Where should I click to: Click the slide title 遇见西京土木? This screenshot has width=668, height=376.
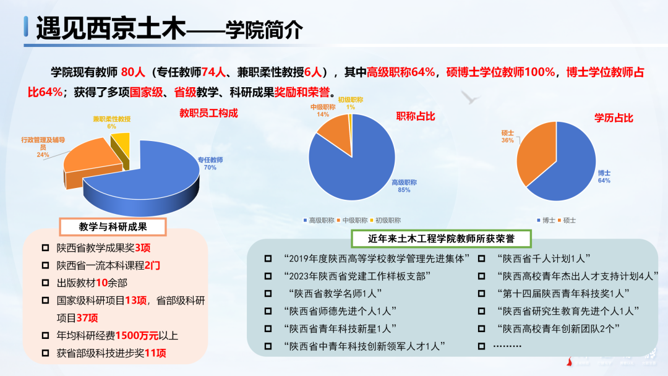pos(111,28)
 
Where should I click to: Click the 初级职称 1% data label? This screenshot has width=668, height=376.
pos(350,103)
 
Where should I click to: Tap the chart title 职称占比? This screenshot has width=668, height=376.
pos(416,116)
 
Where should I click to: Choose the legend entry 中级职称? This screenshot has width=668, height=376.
pos(354,220)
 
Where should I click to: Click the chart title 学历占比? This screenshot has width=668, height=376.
pos(614,117)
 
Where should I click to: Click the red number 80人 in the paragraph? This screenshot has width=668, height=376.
pos(134,72)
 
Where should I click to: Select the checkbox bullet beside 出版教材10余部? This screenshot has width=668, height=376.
pos(45,283)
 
